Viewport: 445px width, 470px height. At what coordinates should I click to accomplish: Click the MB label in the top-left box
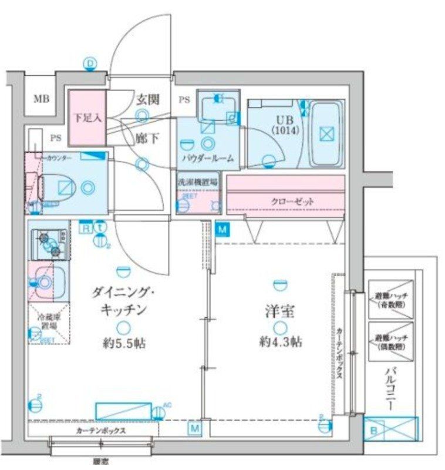pyautogui.click(x=41, y=98)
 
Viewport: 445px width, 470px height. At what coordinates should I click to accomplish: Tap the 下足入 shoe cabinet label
pyautogui.click(x=87, y=117)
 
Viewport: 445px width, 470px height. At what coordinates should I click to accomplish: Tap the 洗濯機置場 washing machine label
pyautogui.click(x=198, y=182)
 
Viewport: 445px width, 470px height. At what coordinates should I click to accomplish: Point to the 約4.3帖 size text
pyautogui.click(x=281, y=342)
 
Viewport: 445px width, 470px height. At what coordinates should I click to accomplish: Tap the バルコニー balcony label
pyautogui.click(x=390, y=388)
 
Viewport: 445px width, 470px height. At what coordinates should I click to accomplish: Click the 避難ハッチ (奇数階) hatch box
pyautogui.click(x=390, y=300)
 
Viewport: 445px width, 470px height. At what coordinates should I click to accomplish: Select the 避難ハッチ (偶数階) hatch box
pyautogui.click(x=390, y=341)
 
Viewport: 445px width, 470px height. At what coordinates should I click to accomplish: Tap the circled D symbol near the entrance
pyautogui.click(x=90, y=63)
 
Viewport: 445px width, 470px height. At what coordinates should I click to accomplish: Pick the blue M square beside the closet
pyautogui.click(x=221, y=230)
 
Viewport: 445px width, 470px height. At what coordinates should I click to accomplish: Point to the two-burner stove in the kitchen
pyautogui.click(x=49, y=244)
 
